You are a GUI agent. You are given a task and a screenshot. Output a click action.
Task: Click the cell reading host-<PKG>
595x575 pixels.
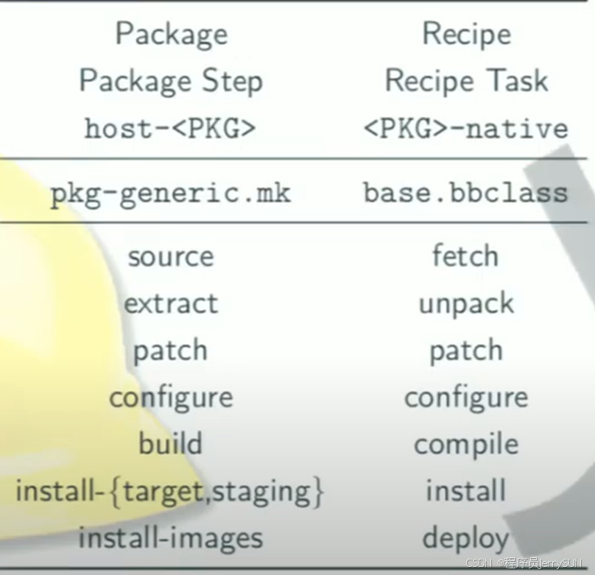click(x=170, y=128)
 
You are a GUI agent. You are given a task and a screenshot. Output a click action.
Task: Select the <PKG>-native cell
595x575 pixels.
click(x=465, y=128)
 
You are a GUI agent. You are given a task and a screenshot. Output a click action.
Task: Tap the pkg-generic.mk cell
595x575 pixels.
click(x=170, y=194)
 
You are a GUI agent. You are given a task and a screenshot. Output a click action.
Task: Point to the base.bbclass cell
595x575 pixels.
click(x=465, y=194)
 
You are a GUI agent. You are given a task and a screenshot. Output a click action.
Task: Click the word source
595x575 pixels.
click(x=170, y=257)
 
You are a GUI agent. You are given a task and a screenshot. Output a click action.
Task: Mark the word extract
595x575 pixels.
click(x=170, y=303)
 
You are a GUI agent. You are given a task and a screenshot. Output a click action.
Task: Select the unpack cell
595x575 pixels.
click(x=465, y=304)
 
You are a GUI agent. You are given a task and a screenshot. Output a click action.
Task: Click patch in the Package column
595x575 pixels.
click(x=170, y=351)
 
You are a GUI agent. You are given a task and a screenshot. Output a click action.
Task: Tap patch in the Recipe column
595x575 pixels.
click(x=465, y=351)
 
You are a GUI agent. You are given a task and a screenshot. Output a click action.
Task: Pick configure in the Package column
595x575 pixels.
click(x=170, y=398)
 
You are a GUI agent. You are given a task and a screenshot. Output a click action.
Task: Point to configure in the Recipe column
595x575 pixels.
click(x=465, y=398)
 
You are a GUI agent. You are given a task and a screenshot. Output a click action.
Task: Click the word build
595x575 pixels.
click(x=170, y=444)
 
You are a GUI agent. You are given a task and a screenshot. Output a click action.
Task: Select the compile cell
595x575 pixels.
click(x=465, y=445)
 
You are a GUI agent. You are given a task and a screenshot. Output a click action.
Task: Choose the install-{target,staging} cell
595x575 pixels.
click(x=170, y=491)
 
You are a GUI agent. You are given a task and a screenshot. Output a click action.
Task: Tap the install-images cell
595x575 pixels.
click(x=170, y=537)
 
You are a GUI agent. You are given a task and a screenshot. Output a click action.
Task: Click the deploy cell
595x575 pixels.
click(x=465, y=539)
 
